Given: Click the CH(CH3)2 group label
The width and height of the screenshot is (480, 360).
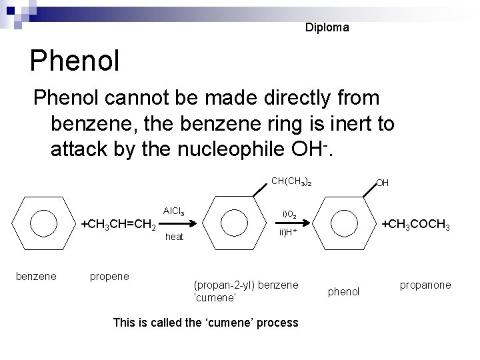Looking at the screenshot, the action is point(292,181).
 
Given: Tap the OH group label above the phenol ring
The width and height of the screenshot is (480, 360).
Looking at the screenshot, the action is point(383,183).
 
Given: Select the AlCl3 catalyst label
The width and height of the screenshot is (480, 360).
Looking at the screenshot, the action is point(174,211).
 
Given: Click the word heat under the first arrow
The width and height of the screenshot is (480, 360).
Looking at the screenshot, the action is point(174,237).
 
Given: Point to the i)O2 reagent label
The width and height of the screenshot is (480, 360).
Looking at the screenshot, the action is point(294,214).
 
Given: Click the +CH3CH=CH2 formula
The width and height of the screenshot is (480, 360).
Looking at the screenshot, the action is point(119,225).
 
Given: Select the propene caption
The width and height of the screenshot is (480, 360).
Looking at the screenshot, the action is point(109,275).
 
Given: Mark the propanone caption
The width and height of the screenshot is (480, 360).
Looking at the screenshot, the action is point(425,285).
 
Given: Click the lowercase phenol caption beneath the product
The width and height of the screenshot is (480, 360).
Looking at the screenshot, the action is point(345,291).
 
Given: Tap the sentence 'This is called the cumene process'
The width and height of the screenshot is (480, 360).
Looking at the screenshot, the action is point(205,323).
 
